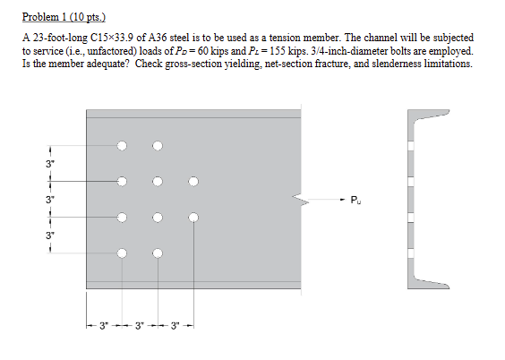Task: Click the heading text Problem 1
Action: click(46, 17)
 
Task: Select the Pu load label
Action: click(355, 199)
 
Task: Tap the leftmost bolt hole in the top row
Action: click(122, 145)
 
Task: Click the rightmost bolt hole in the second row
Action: click(193, 181)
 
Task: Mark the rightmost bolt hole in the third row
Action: click(193, 217)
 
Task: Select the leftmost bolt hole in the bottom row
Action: click(122, 253)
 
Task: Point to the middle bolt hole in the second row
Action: click(158, 181)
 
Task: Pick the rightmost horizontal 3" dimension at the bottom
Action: click(175, 324)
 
